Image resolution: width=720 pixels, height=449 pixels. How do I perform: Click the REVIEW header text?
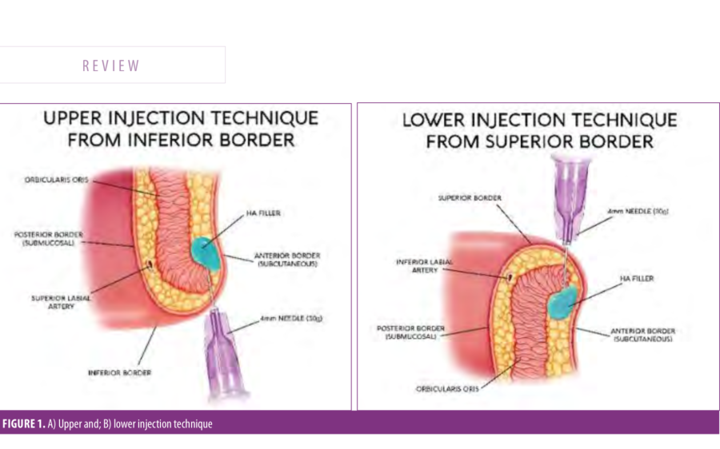[111, 66]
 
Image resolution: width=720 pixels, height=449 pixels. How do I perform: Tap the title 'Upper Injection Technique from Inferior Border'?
[180, 129]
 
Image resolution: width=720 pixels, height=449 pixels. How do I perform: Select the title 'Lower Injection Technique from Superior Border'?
[538, 131]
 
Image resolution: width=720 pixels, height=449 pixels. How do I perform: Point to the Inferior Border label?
[119, 372]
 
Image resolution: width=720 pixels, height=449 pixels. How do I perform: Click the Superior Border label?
[464, 197]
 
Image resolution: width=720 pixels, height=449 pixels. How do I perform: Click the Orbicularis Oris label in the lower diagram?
[443, 389]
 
